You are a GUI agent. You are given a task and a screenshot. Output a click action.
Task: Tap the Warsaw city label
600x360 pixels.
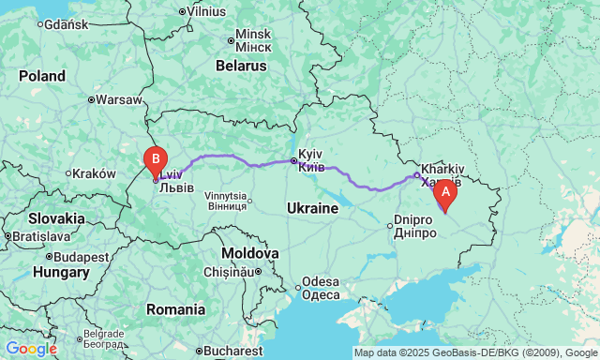[x=118, y=98]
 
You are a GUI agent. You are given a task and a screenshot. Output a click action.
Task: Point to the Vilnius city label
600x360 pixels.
[x=205, y=11]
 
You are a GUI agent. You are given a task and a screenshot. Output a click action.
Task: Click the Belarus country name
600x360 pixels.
[x=241, y=67]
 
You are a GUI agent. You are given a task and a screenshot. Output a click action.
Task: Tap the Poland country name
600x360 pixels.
[x=42, y=76]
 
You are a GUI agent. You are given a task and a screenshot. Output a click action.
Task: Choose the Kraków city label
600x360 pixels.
[x=95, y=172]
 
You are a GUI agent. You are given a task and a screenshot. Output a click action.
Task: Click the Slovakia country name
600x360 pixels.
[x=55, y=218]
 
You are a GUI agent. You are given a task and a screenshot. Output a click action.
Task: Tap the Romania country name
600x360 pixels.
[x=175, y=308]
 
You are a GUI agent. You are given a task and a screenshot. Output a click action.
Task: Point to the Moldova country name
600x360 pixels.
[x=250, y=253]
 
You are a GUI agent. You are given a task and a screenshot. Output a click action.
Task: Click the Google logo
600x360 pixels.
[x=31, y=349]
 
